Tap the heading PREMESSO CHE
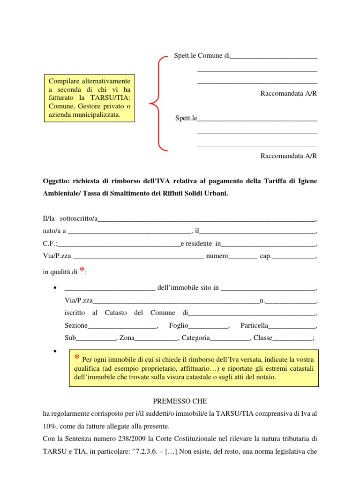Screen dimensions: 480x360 point(180,401)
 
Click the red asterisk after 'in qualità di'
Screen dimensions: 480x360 point(82,270)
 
